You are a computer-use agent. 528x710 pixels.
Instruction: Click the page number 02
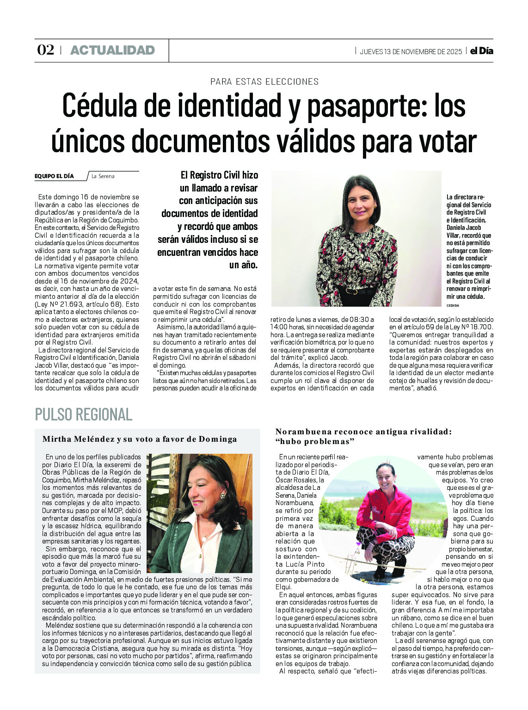[x=45, y=50]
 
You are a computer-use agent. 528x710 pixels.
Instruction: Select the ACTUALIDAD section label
[x=112, y=50]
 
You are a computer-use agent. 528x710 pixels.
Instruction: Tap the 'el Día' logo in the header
[x=481, y=51]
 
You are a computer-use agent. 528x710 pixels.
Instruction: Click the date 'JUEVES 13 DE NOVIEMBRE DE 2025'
[x=411, y=51]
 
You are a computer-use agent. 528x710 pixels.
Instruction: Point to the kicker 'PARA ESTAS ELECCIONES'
[x=264, y=82]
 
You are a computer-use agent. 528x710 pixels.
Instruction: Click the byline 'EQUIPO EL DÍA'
[x=54, y=176]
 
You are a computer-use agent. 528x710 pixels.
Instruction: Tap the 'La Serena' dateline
[x=103, y=176]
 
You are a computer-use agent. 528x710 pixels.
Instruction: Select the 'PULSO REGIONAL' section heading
[x=84, y=414]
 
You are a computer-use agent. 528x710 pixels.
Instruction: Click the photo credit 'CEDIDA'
[x=453, y=305]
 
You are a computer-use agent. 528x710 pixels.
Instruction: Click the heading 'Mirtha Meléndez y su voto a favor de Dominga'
[x=140, y=439]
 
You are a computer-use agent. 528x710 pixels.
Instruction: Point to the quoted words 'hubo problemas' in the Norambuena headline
[x=315, y=441]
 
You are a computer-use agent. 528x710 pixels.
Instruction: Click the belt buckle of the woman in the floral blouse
[x=352, y=291]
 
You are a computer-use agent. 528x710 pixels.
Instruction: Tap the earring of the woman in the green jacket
[x=222, y=496]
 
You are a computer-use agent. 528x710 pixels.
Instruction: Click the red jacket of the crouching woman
[x=386, y=511]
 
